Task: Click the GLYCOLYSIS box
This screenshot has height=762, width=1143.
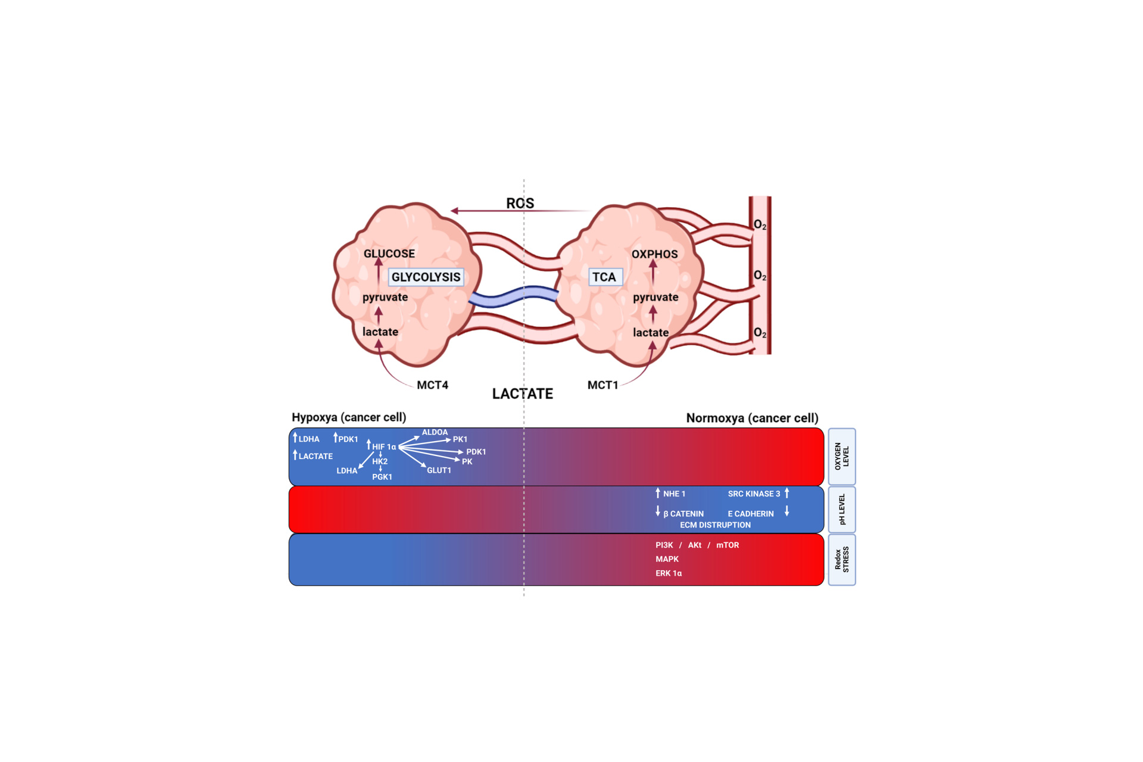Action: point(426,277)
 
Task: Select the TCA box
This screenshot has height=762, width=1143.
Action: point(605,277)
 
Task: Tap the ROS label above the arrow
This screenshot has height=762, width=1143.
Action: point(520,203)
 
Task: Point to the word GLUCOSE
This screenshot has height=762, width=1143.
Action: point(389,254)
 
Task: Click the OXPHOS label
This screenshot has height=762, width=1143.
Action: point(654,254)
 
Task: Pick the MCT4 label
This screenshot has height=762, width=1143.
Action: point(432,385)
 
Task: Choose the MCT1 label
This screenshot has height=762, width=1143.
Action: point(602,385)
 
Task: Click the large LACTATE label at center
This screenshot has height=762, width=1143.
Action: point(522,394)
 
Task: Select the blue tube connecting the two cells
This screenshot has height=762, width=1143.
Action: point(513,296)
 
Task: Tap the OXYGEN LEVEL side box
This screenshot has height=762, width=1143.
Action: point(842,456)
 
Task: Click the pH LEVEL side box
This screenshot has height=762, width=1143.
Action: point(842,510)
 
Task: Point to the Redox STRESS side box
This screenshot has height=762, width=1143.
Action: point(842,560)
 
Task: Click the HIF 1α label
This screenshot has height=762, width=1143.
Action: point(384,446)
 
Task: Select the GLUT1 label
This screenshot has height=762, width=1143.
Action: point(439,470)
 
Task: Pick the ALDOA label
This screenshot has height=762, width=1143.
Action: point(435,432)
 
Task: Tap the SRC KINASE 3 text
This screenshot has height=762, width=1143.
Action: point(754,494)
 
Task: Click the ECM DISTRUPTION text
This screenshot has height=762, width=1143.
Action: point(715,525)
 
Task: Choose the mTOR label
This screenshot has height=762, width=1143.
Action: point(727,545)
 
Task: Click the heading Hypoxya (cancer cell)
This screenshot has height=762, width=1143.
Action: point(349,417)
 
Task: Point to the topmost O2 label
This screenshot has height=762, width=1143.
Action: point(760,225)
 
